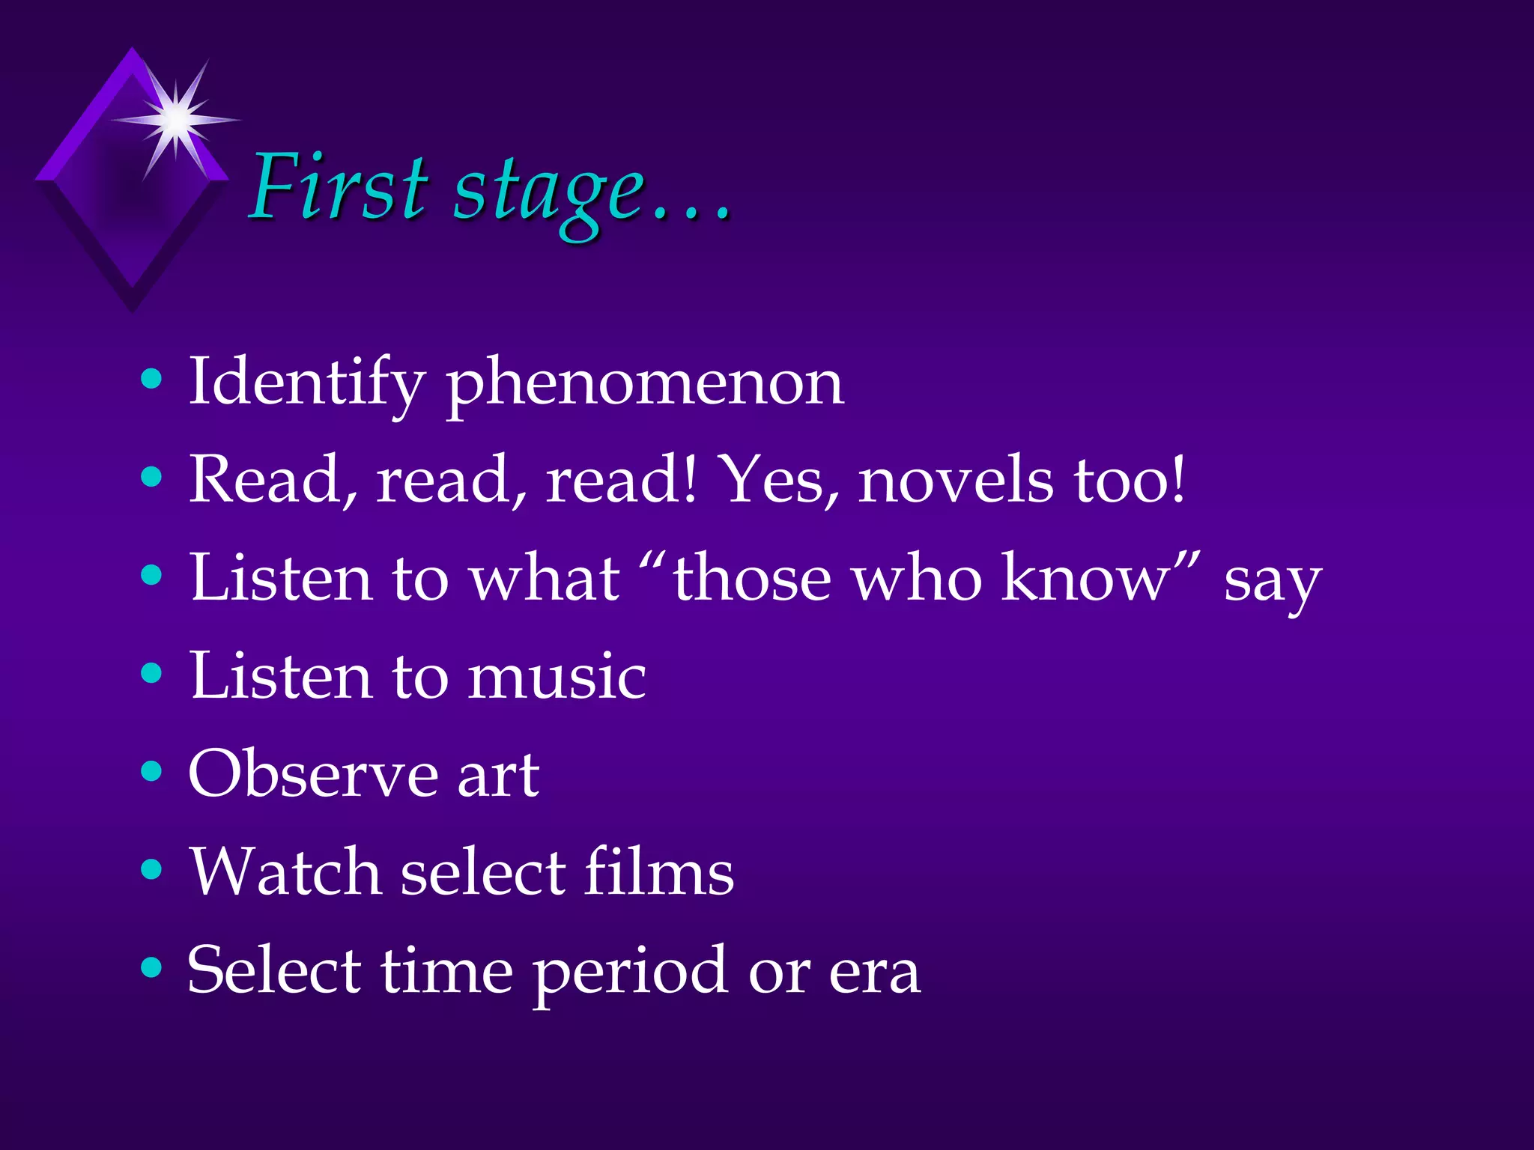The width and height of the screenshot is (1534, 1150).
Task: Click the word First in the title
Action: (339, 187)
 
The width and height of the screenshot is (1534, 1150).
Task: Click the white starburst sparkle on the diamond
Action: (177, 118)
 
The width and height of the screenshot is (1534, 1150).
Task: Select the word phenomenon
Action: (645, 384)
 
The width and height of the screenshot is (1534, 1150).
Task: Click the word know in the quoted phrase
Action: (1086, 578)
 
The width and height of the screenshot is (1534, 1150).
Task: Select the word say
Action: (1272, 582)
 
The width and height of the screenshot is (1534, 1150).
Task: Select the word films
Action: (658, 872)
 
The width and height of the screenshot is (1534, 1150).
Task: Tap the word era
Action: (874, 974)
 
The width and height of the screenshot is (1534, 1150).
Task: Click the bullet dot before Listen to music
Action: (151, 673)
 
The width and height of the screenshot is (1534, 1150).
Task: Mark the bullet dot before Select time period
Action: (151, 967)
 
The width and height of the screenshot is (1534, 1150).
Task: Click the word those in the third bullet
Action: (752, 578)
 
